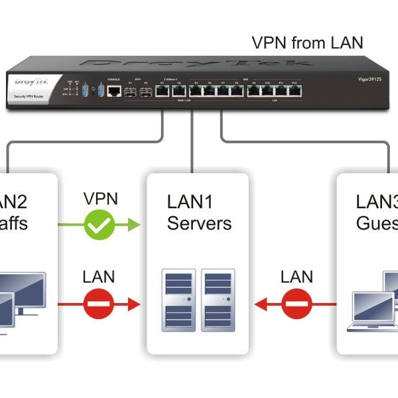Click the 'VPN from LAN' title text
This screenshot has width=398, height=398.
[x=307, y=43]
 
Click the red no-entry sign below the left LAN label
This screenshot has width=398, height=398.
[x=99, y=304]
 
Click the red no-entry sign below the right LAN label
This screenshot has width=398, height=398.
[x=296, y=304]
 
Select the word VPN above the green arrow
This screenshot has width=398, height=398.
[x=101, y=198]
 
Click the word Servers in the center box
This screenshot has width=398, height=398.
[x=198, y=223]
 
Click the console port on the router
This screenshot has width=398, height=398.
[x=115, y=91]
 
